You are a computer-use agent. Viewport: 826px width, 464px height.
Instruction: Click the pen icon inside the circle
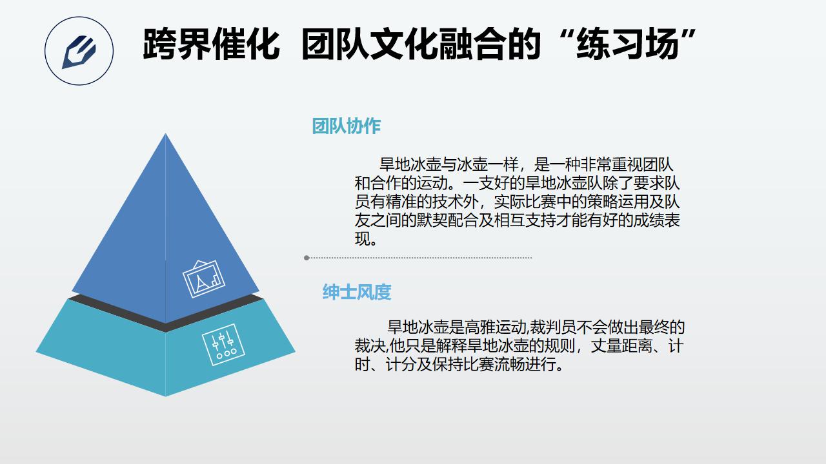pos(79,52)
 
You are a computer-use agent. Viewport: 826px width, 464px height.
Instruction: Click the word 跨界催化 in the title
pos(211,44)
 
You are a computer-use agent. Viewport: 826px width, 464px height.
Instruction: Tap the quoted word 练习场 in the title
pos(627,44)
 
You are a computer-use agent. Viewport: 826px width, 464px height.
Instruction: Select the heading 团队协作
pos(347,126)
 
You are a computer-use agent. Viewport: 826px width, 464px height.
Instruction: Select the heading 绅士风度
pos(357,292)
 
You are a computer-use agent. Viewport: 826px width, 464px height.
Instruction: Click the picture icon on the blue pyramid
pos(204,279)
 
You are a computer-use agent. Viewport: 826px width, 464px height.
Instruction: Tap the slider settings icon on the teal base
pos(223,345)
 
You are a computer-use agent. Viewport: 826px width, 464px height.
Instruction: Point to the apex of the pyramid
pos(165,133)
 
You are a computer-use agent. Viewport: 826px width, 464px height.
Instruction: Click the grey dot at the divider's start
pos(307,258)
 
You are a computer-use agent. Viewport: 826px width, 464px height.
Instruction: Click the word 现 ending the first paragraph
pos(363,239)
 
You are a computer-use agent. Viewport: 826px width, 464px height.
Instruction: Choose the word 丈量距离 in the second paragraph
pos(621,346)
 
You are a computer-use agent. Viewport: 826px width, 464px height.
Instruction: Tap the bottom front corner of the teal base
pos(165,396)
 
